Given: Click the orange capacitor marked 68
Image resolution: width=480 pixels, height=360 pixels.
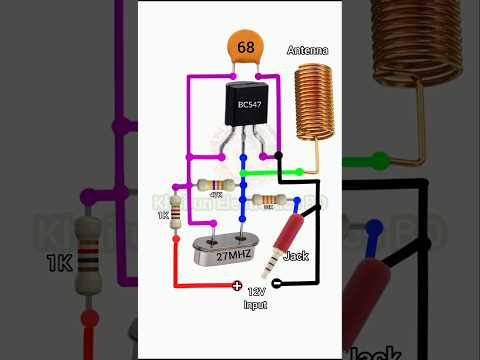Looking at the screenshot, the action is pos(245,48).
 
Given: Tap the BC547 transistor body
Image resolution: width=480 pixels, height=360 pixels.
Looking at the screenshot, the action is pos(243,105).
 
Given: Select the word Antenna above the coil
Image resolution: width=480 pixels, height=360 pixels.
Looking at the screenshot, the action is pos(308,50).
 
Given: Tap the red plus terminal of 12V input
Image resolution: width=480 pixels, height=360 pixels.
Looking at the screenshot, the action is pos(237,286).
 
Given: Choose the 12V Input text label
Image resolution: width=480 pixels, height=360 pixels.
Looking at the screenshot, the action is pos(256,296).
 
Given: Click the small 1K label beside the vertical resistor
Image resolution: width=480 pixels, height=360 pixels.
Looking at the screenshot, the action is pos(163,214).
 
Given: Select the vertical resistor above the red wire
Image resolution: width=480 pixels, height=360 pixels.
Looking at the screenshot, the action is pos(178,214).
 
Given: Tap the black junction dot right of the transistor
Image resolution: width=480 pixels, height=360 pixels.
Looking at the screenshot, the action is pos(279,156).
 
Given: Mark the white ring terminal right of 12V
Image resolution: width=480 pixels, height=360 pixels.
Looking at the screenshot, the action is pos(275,285).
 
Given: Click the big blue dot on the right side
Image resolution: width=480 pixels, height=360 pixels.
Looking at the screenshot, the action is pos(374,227).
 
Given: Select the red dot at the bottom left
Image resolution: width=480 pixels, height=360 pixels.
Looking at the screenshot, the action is pos(90,318).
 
